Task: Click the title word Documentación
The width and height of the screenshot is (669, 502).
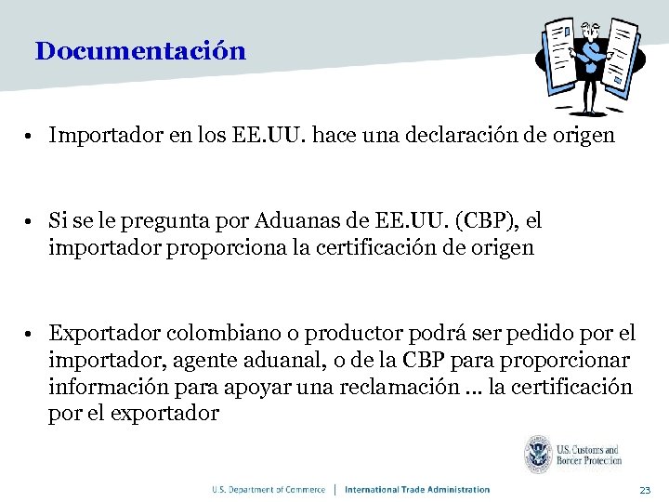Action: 140,51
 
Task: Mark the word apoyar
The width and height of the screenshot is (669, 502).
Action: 242,387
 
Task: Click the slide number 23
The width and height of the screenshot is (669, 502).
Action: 647,490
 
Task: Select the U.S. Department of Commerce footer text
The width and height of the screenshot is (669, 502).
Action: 269,490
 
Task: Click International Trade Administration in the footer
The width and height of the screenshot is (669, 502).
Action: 417,490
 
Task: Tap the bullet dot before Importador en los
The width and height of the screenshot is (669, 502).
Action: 31,137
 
